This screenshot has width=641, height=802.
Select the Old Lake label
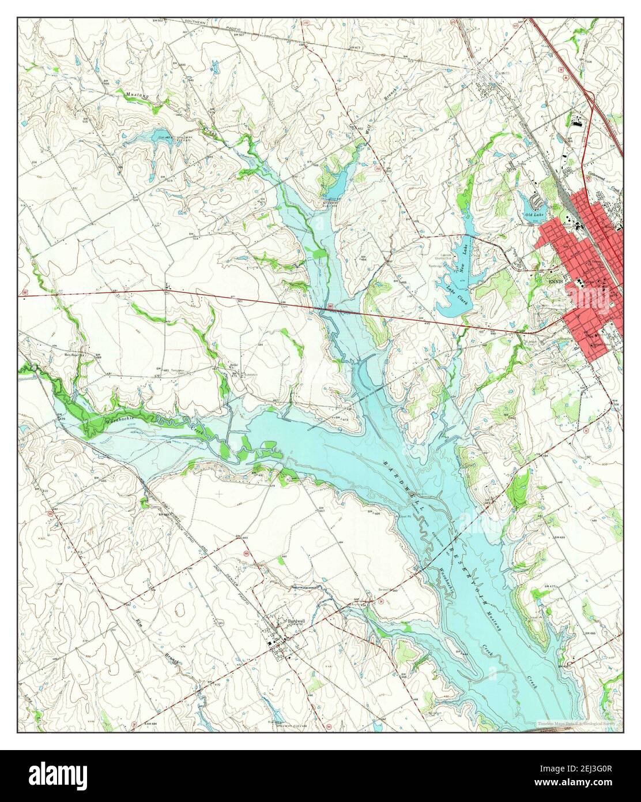pos(534,215)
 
